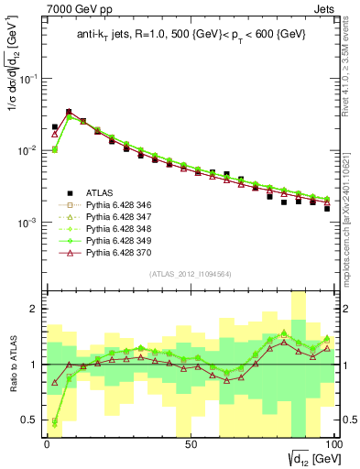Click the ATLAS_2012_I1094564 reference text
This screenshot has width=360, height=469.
pyautogui.click(x=189, y=273)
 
